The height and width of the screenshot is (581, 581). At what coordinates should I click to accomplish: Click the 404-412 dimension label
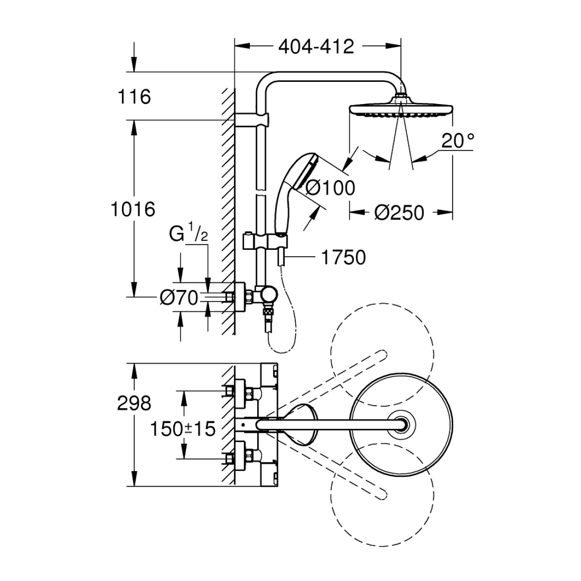tap(316, 47)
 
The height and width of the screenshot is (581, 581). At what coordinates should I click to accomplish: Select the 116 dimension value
tap(134, 97)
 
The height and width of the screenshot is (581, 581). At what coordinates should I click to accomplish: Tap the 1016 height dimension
tap(133, 209)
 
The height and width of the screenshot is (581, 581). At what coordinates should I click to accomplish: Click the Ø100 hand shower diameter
tap(330, 188)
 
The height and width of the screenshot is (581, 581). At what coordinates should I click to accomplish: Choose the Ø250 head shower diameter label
tap(399, 213)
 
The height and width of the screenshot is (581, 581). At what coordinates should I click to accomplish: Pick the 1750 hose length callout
tap(343, 257)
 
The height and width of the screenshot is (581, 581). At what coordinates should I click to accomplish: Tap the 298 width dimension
tap(134, 403)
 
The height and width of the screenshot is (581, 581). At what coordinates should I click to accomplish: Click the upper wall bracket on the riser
tap(251, 120)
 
